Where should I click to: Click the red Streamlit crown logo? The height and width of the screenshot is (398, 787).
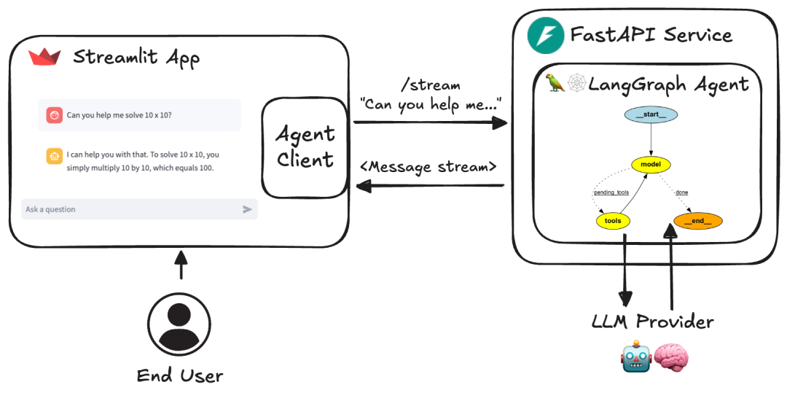[44, 57]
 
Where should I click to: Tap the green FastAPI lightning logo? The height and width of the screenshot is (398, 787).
[541, 35]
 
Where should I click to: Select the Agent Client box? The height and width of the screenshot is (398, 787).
[305, 147]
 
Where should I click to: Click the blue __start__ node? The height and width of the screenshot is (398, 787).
[650, 114]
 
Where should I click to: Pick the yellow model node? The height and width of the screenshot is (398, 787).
[650, 165]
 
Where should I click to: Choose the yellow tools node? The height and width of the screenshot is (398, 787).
[613, 220]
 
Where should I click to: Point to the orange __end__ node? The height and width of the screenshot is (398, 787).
[697, 220]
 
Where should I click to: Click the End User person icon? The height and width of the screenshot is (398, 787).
[179, 325]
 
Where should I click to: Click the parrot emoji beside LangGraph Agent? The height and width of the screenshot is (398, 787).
[556, 84]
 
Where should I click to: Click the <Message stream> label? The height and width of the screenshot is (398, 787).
[428, 167]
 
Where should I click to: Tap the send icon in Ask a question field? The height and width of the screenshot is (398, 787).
[247, 209]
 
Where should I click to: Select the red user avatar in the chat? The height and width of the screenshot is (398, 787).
[54, 115]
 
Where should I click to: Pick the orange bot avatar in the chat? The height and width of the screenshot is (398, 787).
[54, 155]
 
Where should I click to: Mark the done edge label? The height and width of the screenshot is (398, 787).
[681, 192]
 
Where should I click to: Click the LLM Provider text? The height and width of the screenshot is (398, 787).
[652, 321]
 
